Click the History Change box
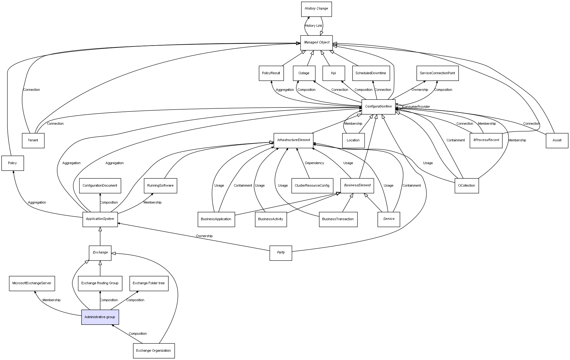click(316, 9)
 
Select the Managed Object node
click(317, 42)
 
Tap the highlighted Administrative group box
click(100, 317)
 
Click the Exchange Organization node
click(154, 350)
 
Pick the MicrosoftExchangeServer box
click(32, 283)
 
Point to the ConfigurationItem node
click(378, 107)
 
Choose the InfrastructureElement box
click(293, 140)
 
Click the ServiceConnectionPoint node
click(437, 73)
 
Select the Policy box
click(13, 163)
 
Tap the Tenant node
click(33, 140)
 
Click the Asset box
click(557, 140)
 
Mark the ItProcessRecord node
click(486, 140)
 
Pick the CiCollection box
click(467, 185)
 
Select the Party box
click(281, 253)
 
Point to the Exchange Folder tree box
click(149, 283)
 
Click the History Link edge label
click(313, 26)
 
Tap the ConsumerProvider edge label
click(416, 107)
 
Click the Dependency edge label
click(314, 163)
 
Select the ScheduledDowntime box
click(371, 73)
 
